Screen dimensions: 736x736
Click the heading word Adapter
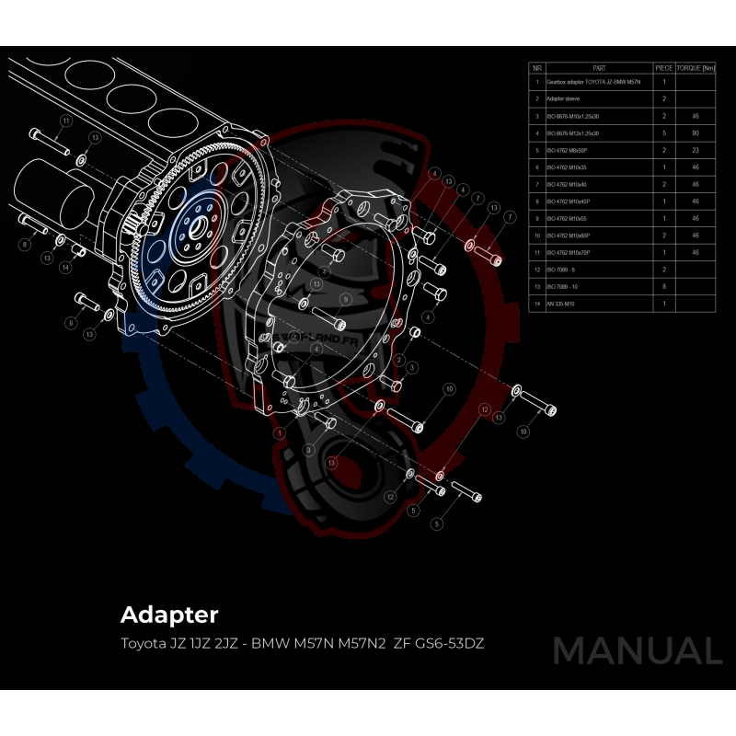click(x=169, y=614)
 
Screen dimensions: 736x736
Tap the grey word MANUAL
click(x=637, y=650)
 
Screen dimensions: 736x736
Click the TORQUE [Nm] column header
click(x=696, y=68)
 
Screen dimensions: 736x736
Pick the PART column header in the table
click(x=599, y=68)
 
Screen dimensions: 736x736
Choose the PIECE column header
click(x=663, y=68)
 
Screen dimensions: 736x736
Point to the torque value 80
click(x=696, y=133)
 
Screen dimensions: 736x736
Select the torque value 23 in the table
click(x=696, y=150)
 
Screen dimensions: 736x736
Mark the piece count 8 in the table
click(x=663, y=286)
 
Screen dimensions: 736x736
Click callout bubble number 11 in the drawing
click(x=65, y=121)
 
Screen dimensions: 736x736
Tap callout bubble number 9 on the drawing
click(x=345, y=299)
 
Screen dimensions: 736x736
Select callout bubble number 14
click(x=65, y=267)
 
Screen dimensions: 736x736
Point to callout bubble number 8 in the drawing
click(x=25, y=244)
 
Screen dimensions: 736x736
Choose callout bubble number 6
click(x=70, y=323)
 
